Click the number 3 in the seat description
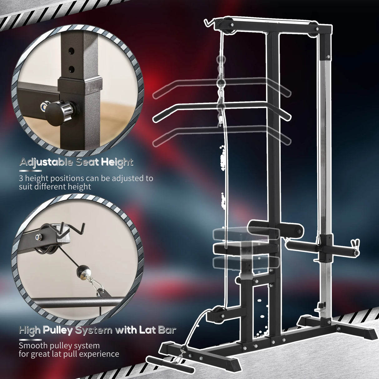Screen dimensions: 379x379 click(x=21, y=179)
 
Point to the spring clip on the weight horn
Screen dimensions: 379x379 click(x=355, y=244)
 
